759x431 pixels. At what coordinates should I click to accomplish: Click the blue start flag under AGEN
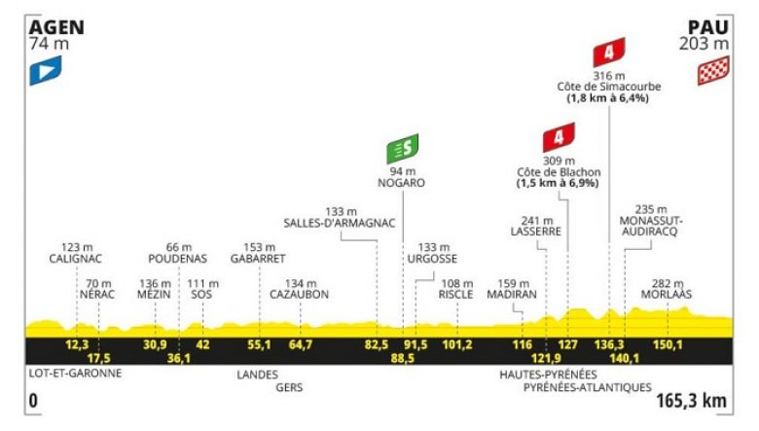click(46, 71)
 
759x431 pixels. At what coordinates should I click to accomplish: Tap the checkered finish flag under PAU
click(713, 71)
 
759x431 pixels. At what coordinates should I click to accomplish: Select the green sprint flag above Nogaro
click(402, 149)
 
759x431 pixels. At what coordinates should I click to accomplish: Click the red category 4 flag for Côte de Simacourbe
click(609, 53)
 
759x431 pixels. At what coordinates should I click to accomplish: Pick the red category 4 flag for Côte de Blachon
click(559, 137)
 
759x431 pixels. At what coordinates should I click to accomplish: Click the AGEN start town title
click(56, 27)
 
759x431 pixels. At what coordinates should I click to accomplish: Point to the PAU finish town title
click(708, 27)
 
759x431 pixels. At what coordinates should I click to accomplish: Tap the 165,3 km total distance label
click(691, 401)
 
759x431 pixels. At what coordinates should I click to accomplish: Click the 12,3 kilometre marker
click(77, 344)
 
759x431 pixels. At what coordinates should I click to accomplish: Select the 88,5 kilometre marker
click(403, 358)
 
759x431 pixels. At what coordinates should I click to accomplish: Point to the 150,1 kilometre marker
click(668, 344)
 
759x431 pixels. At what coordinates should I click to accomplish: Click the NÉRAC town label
click(97, 294)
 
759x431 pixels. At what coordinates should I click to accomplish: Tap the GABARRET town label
click(258, 259)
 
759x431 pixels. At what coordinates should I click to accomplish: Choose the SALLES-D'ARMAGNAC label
click(340, 223)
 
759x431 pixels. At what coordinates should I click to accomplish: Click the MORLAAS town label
click(667, 294)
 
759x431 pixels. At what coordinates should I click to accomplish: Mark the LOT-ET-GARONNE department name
click(76, 373)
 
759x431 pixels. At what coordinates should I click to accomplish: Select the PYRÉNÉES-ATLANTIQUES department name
click(587, 387)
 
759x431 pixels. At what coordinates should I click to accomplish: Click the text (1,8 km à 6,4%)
click(608, 98)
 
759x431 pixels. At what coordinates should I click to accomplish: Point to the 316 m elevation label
click(609, 76)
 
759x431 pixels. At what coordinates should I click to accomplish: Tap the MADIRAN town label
click(512, 294)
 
